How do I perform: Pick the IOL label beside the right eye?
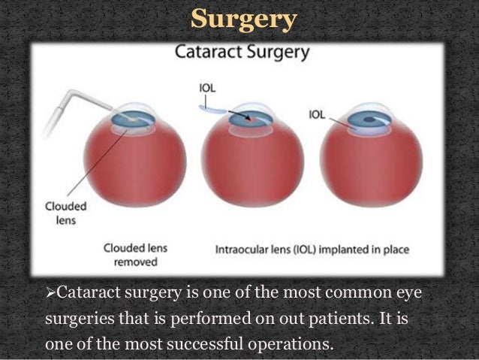[318, 116]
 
